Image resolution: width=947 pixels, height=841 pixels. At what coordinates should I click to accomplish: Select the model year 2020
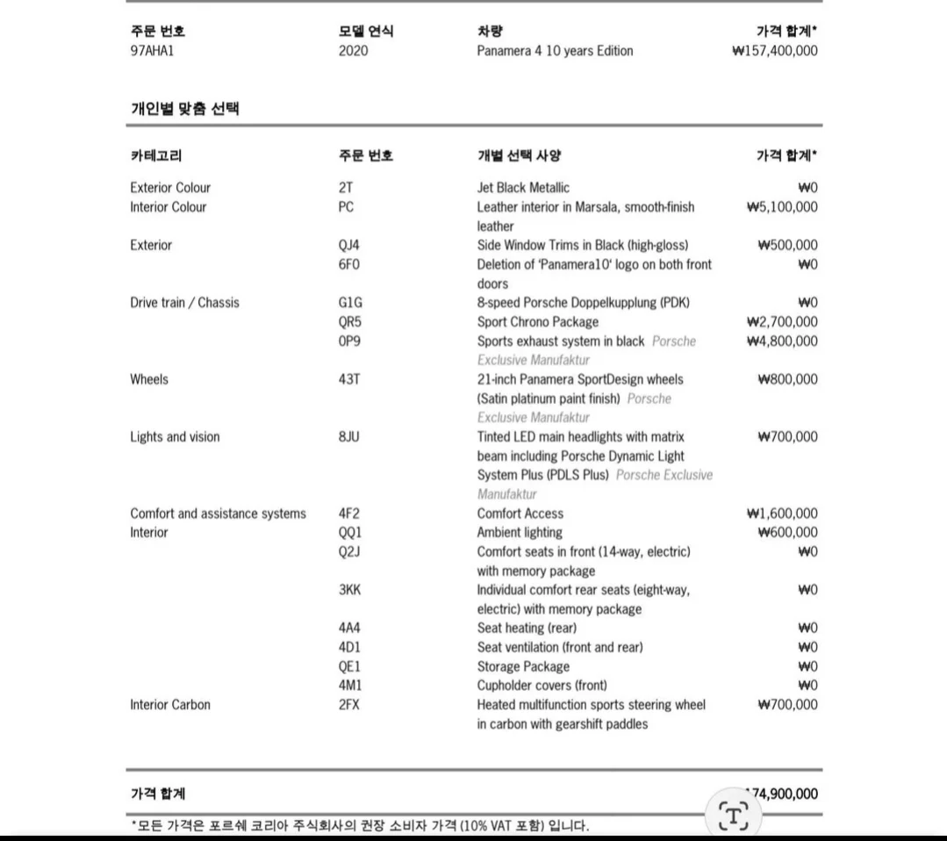pos(354,51)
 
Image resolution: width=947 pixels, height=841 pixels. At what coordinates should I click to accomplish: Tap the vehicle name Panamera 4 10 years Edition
pos(555,51)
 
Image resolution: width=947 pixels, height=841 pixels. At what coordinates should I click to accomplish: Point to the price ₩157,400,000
pos(774,51)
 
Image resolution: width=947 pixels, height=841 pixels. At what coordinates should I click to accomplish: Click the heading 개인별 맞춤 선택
pos(185,110)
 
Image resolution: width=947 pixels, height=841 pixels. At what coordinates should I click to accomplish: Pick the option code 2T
pos(346,188)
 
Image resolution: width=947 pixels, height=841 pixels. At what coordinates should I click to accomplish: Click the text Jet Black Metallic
pos(523,188)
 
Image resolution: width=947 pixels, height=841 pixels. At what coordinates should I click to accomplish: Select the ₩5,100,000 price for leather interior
pos(781,207)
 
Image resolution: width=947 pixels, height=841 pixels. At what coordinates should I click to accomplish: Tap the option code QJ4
pos(349,246)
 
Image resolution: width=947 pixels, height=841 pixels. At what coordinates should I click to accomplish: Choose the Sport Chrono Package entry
pos(538,322)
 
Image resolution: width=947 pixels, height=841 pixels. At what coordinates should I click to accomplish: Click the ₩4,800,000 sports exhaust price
pos(781,341)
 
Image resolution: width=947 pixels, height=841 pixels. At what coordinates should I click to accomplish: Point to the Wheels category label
pos(149,380)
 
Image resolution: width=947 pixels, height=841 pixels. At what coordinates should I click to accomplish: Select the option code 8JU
pos(349,437)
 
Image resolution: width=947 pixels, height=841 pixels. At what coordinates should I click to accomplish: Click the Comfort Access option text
pos(520,514)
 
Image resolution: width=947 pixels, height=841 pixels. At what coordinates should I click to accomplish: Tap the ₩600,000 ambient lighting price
pos(787,533)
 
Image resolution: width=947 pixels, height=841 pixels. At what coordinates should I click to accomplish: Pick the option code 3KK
pos(349,590)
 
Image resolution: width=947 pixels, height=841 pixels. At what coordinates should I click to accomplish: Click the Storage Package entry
pos(523,666)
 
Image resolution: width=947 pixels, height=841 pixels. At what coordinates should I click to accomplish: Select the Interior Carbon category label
pos(170,705)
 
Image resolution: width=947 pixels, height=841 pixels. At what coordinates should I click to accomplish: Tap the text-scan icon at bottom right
pos(733,816)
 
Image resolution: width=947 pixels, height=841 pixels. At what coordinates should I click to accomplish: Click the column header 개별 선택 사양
pos(519,156)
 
